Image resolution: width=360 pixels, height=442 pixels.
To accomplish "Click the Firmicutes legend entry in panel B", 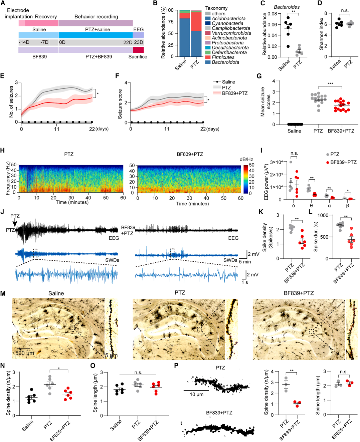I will coord(223,57).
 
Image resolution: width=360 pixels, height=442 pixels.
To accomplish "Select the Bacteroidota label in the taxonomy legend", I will coord(225,62).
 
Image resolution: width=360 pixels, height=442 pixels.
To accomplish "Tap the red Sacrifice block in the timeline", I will coord(138,50).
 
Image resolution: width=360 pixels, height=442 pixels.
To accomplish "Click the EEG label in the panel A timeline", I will coord(138,29).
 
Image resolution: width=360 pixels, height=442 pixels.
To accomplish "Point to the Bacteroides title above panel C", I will coord(287,7).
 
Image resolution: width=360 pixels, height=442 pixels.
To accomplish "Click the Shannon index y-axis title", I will coord(321,34).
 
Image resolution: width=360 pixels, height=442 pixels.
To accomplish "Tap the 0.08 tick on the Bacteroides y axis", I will coord(272,14).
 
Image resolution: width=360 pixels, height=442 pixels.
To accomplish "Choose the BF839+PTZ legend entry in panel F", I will coord(234,93).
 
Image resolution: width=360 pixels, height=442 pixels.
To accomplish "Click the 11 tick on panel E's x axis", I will coord(57,129).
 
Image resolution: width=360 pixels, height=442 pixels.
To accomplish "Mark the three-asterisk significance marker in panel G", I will coord(330,83).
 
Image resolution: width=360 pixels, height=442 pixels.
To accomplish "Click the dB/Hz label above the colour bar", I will coord(246,159).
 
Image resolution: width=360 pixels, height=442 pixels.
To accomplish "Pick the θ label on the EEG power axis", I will coord(311,206).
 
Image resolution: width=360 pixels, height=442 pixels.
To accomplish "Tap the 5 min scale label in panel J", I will coord(245,262).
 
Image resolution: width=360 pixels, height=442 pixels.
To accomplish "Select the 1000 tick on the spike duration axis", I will coord(323,215).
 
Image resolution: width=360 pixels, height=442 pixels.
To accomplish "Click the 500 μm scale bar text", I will coord(25,353).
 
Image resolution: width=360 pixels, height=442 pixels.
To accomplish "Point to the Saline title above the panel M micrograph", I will coord(56,293).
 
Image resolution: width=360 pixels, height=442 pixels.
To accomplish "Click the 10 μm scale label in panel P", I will coord(196,395).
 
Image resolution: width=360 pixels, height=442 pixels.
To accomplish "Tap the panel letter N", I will coord(3,365).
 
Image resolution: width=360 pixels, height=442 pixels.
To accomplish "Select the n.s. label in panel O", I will coord(138,372).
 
